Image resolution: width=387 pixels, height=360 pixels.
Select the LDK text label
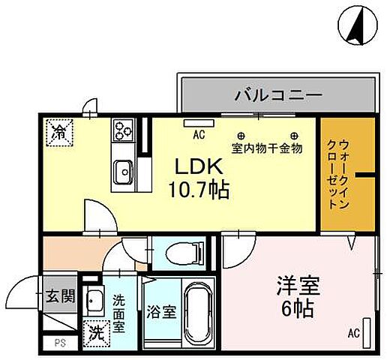193,166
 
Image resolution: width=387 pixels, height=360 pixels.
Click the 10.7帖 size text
198,188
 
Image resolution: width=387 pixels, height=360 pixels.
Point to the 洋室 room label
288,286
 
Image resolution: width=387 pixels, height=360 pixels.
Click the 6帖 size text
289,307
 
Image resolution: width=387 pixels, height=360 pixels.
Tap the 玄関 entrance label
60,295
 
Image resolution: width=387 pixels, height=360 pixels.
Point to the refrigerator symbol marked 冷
58,133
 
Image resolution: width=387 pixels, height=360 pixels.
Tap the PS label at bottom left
58,343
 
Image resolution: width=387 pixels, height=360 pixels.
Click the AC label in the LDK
199,135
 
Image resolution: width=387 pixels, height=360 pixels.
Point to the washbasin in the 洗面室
95,302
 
